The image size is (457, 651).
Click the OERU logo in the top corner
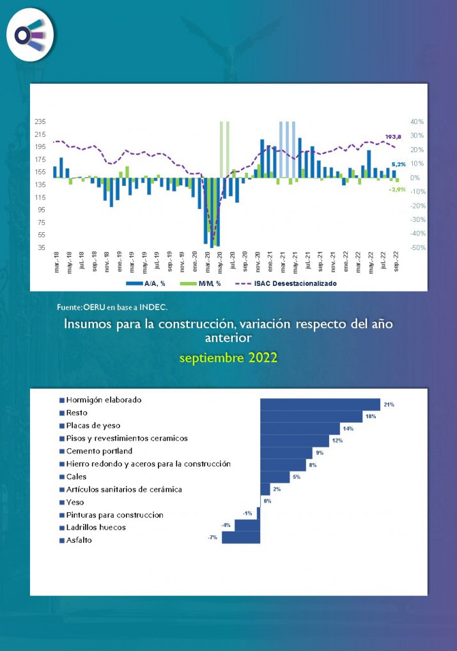point(30,35)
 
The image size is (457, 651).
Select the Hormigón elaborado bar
point(320,404)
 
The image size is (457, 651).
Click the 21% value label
point(389,404)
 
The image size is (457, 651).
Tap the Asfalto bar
point(240,538)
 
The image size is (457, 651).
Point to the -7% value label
point(213,538)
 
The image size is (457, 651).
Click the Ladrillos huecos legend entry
point(96,528)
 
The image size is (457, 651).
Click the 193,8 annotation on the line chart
point(393,137)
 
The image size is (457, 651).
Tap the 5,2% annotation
point(398,164)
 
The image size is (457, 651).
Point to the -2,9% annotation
point(398,189)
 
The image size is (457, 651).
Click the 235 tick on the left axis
point(40,122)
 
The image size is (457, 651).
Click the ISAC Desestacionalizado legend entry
point(294,283)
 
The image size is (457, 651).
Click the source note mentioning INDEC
point(112,308)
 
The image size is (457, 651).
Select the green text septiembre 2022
point(228,357)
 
